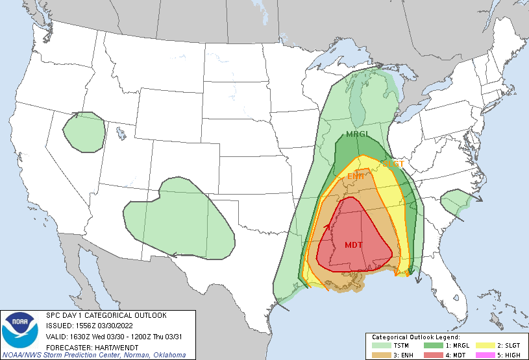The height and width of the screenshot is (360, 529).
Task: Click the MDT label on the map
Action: click(x=354, y=245)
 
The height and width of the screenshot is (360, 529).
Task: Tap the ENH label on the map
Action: click(x=355, y=176)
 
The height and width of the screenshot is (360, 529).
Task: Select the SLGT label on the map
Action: click(x=393, y=164)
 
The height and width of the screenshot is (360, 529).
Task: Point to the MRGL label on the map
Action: click(x=357, y=135)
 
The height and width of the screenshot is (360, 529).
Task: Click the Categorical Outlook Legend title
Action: click(x=416, y=337)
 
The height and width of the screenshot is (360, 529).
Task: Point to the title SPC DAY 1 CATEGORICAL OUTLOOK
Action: click(x=106, y=315)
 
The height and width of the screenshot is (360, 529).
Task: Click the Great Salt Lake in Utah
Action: click(x=121, y=133)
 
